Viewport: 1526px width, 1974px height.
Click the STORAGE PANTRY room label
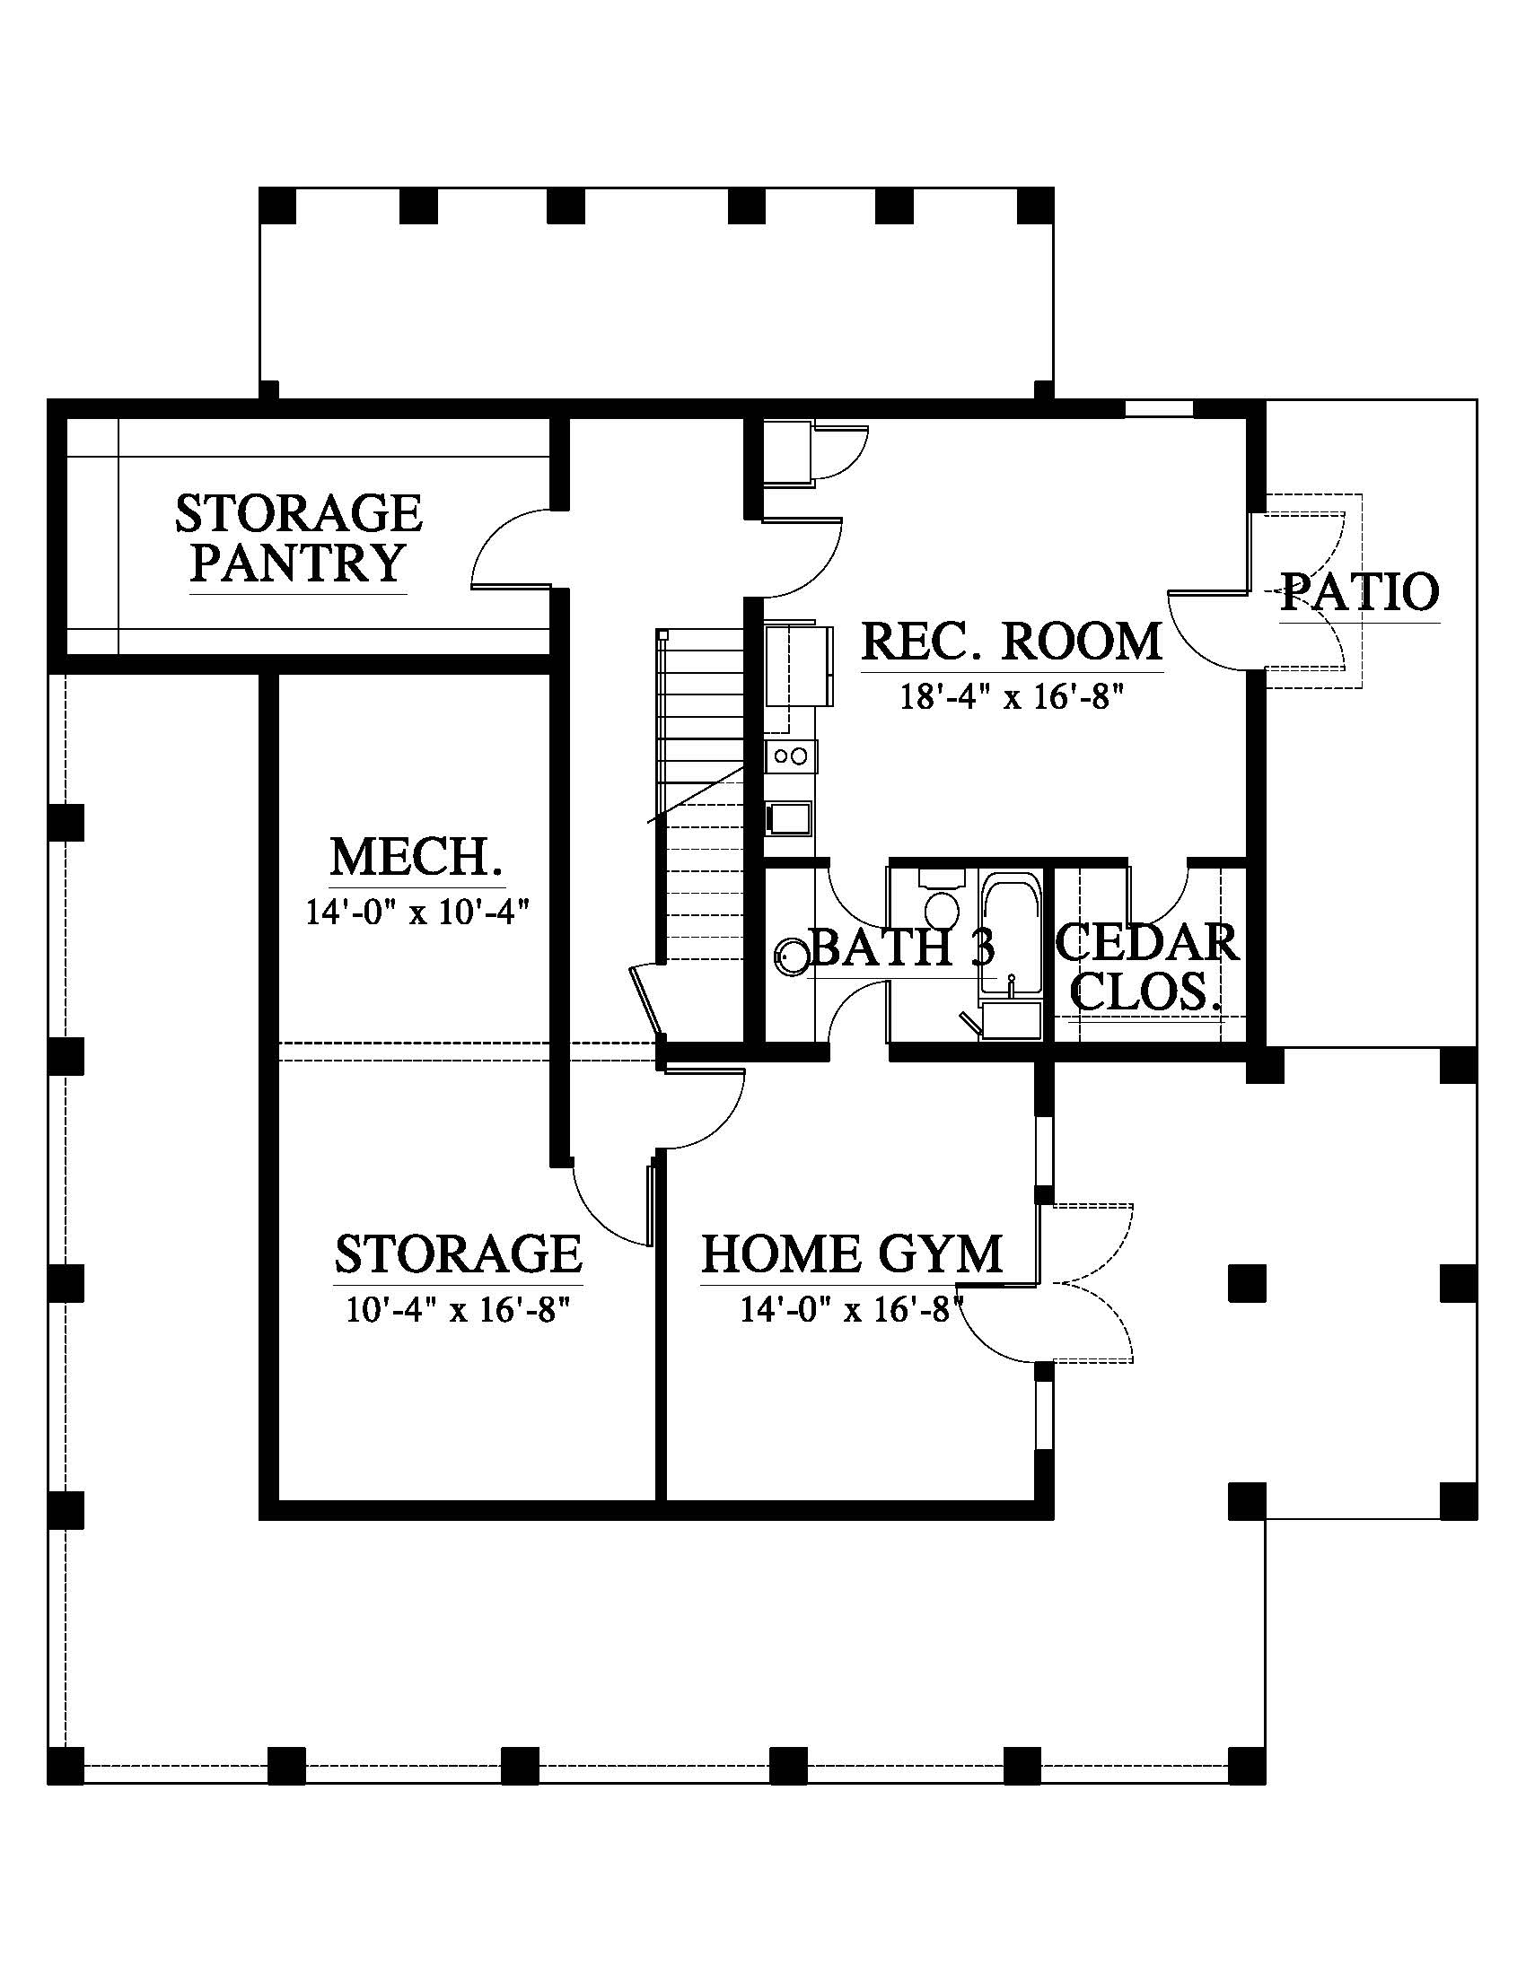tap(298, 537)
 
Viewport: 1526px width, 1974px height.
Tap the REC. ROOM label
tap(1012, 642)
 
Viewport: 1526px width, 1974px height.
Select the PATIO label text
tap(1360, 592)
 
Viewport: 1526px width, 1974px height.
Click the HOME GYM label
tap(853, 1254)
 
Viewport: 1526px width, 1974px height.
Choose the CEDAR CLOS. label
tap(1147, 968)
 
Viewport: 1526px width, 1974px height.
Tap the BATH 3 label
tap(903, 948)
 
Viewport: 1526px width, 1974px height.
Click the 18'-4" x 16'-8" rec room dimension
tap(1012, 696)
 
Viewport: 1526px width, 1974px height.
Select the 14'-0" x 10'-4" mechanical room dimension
tap(416, 911)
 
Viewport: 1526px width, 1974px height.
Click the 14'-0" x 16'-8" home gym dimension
tap(853, 1310)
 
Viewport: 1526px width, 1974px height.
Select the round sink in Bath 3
tap(792, 956)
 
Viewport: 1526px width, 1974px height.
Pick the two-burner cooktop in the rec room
tap(790, 756)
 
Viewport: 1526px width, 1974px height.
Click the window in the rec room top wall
tap(1159, 408)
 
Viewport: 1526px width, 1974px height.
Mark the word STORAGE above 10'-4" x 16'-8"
tap(459, 1254)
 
